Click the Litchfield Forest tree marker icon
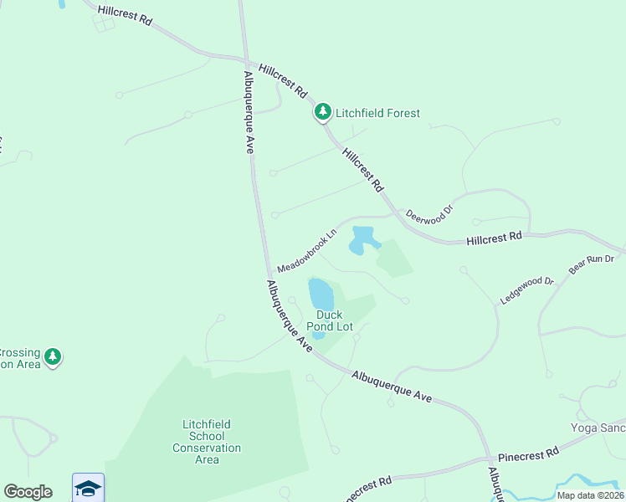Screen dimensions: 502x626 (322, 111)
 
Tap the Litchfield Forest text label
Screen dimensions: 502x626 (377, 113)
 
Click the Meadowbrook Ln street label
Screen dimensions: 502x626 (306, 249)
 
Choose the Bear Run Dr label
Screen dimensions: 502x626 (592, 264)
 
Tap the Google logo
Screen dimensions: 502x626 (28, 492)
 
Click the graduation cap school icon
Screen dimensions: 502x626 (88, 487)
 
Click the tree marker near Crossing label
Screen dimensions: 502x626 (53, 357)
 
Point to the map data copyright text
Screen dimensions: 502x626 (590, 495)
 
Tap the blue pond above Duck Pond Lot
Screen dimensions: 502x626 (321, 293)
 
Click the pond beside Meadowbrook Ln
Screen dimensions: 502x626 (362, 239)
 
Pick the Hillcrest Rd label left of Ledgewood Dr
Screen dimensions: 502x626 (494, 238)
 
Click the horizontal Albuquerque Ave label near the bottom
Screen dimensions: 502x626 (392, 387)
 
